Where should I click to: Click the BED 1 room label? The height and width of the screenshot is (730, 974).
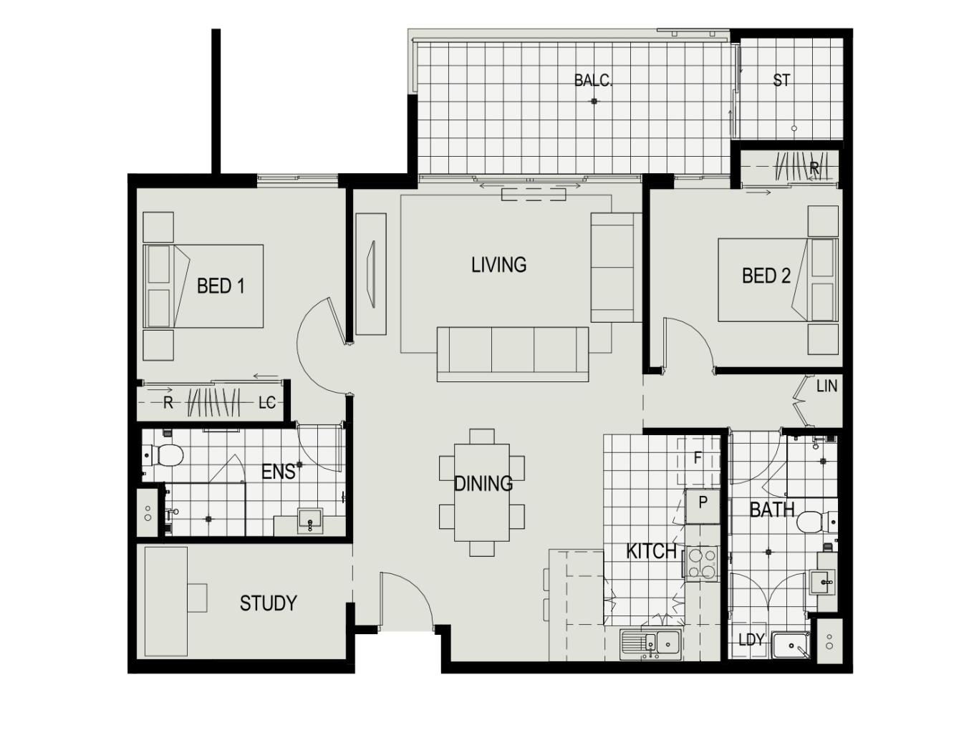coord(221,286)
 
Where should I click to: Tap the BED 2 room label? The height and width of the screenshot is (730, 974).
coord(766,276)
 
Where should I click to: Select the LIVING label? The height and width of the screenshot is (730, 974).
coord(498,265)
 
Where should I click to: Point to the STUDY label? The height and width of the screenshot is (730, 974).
coord(268,603)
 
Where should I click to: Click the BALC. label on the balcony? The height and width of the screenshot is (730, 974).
coord(593,80)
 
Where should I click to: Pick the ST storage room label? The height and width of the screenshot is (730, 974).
coord(781,80)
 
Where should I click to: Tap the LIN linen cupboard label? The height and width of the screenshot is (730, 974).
coord(826,386)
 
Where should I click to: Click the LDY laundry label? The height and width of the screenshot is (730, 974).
coord(751,639)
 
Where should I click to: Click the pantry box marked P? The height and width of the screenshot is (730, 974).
coord(703,506)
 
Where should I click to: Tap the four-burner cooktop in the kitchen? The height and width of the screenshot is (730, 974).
coord(702,563)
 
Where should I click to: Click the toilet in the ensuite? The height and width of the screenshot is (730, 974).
coord(164,455)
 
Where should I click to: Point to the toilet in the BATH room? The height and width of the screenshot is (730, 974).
coord(817,522)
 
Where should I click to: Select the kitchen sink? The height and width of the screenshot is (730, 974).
coord(650,643)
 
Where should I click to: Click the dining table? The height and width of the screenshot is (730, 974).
coord(481,492)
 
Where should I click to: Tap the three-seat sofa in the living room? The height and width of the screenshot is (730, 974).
coord(513,354)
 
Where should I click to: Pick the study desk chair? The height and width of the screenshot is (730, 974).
coord(197,598)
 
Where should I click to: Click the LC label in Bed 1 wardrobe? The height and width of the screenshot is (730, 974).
coord(266,402)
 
